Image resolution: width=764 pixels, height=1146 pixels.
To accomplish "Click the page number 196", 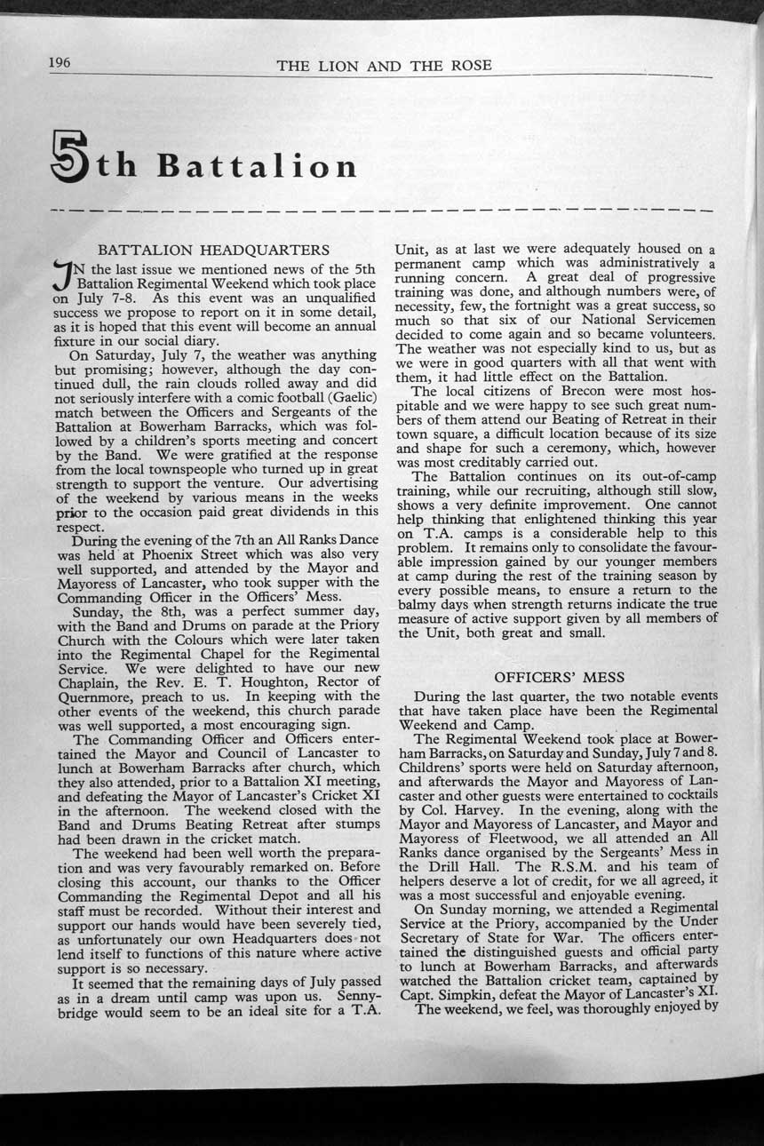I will (x=60, y=62).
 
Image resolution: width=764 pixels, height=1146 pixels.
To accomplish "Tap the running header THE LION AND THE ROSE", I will (x=384, y=66).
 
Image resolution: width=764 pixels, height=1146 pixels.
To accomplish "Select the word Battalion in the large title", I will (x=258, y=166).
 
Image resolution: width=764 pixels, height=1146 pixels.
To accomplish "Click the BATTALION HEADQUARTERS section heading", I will (x=213, y=251).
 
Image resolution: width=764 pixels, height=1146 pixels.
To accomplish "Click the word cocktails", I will (x=683, y=796).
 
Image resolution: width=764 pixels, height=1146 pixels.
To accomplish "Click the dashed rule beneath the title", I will (x=382, y=211).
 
